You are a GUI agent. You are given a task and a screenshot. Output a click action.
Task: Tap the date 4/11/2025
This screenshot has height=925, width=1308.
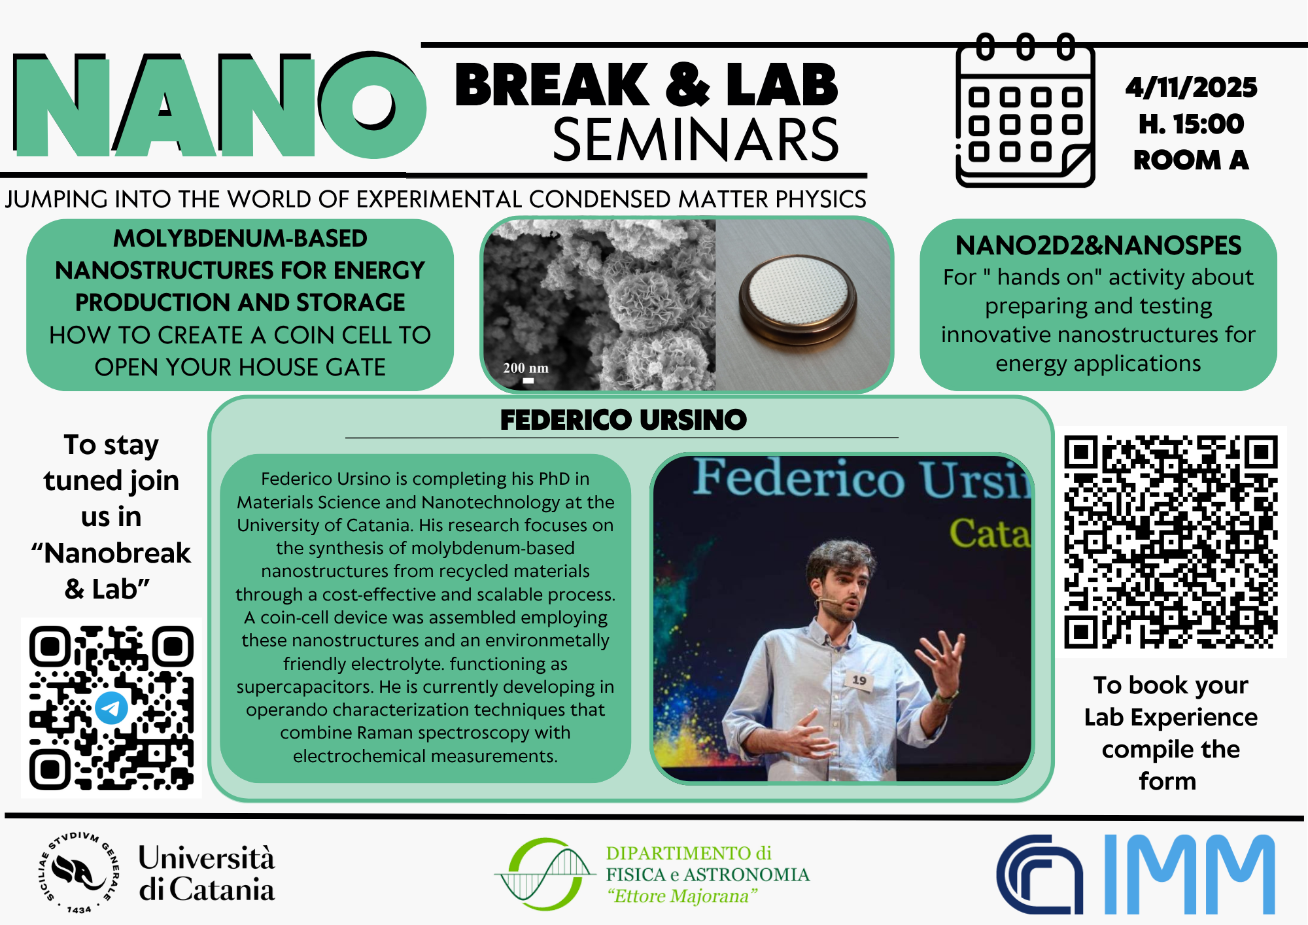pyautogui.click(x=1191, y=87)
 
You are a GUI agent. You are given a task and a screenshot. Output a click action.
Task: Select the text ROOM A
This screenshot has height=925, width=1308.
pyautogui.click(x=1191, y=160)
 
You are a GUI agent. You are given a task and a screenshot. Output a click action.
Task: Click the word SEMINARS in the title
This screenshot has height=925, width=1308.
pyautogui.click(x=696, y=140)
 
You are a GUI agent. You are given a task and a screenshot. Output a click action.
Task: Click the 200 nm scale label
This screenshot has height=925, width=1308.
pyautogui.click(x=526, y=368)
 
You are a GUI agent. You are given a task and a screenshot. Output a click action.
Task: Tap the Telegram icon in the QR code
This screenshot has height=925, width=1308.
pyautogui.click(x=111, y=708)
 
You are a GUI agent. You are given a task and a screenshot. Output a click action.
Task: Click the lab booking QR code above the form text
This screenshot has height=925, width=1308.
pyautogui.click(x=1171, y=542)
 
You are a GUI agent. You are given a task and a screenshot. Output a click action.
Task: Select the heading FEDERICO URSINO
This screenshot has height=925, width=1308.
pyautogui.click(x=623, y=420)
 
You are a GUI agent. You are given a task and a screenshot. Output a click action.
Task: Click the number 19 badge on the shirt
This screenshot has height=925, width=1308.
pyautogui.click(x=859, y=680)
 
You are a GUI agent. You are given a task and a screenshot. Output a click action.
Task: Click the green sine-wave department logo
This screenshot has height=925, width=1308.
pyautogui.click(x=545, y=873)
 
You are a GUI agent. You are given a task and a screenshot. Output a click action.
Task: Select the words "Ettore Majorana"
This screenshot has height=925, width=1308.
pyautogui.click(x=682, y=896)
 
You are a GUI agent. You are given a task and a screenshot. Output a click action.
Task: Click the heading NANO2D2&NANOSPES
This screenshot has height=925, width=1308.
pyautogui.click(x=1098, y=245)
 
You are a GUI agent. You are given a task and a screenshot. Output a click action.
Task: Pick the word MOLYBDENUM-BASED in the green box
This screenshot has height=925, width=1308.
pyautogui.click(x=240, y=238)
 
